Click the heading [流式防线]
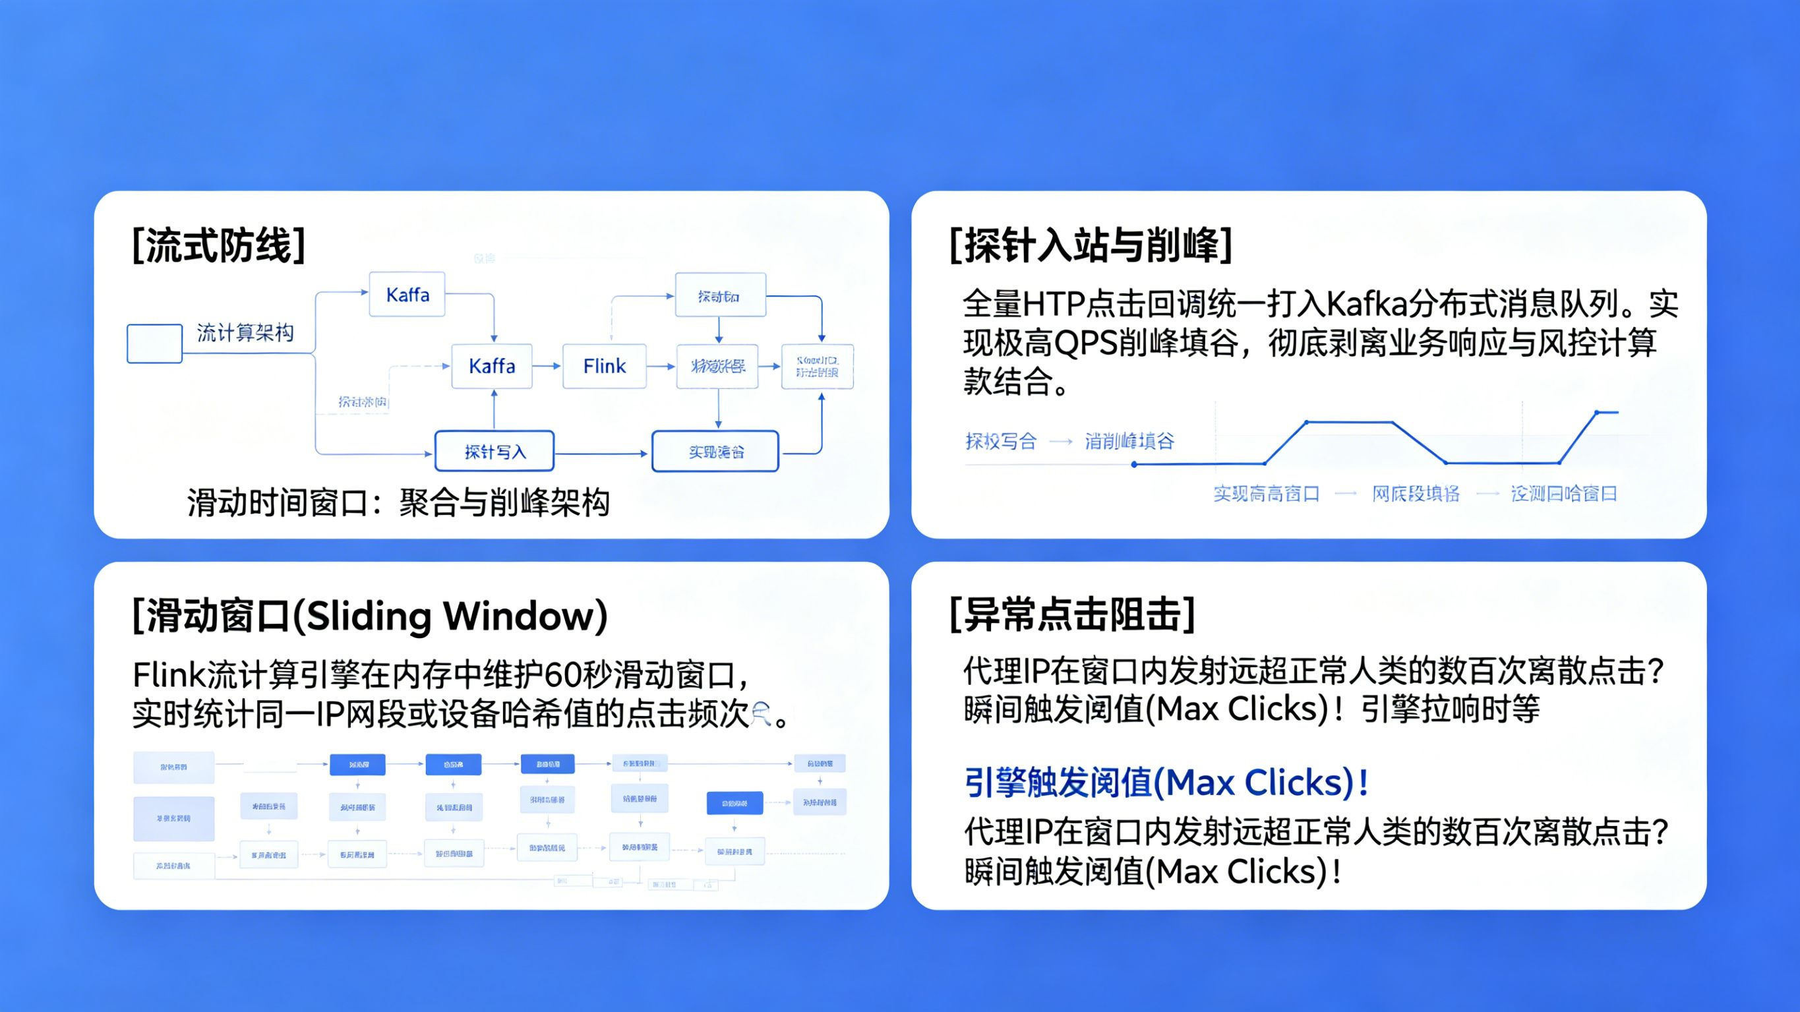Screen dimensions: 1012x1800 click(219, 245)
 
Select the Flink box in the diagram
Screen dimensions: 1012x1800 click(605, 365)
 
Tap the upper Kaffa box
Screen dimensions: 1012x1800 click(407, 294)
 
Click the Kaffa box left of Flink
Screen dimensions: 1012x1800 click(492, 365)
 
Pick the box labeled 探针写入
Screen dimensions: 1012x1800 click(495, 452)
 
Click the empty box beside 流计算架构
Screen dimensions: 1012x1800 click(154, 343)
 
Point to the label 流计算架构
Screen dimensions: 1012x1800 click(245, 333)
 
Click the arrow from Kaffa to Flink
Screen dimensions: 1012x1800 click(547, 365)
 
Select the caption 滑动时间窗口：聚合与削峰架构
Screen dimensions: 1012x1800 click(398, 502)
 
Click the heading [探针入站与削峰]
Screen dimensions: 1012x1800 click(1090, 245)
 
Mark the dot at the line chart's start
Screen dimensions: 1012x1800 click(1134, 464)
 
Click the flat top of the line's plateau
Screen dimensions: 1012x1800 click(1348, 422)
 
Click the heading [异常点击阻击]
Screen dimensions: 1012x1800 click(1072, 615)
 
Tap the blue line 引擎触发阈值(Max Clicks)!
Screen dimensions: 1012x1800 click(1166, 782)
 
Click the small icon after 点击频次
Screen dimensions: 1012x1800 click(762, 713)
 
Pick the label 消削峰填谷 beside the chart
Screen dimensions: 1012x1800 click(1129, 441)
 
